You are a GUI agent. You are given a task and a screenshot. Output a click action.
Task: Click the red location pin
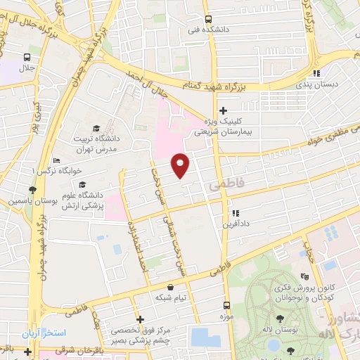coord(181,165)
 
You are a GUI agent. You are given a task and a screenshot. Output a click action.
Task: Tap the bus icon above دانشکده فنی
coord(207,20)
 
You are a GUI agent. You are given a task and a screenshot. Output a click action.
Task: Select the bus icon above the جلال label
coord(27,58)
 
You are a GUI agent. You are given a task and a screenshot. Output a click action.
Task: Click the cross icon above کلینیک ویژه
coord(224,110)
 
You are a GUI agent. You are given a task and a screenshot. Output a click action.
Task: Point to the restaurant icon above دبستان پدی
coord(317,72)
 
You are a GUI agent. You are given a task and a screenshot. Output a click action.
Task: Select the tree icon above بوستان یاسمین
coord(33,190)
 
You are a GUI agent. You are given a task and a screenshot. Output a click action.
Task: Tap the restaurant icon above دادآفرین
coord(236,212)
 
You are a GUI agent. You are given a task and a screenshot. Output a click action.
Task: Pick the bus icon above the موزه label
coord(226,305)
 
